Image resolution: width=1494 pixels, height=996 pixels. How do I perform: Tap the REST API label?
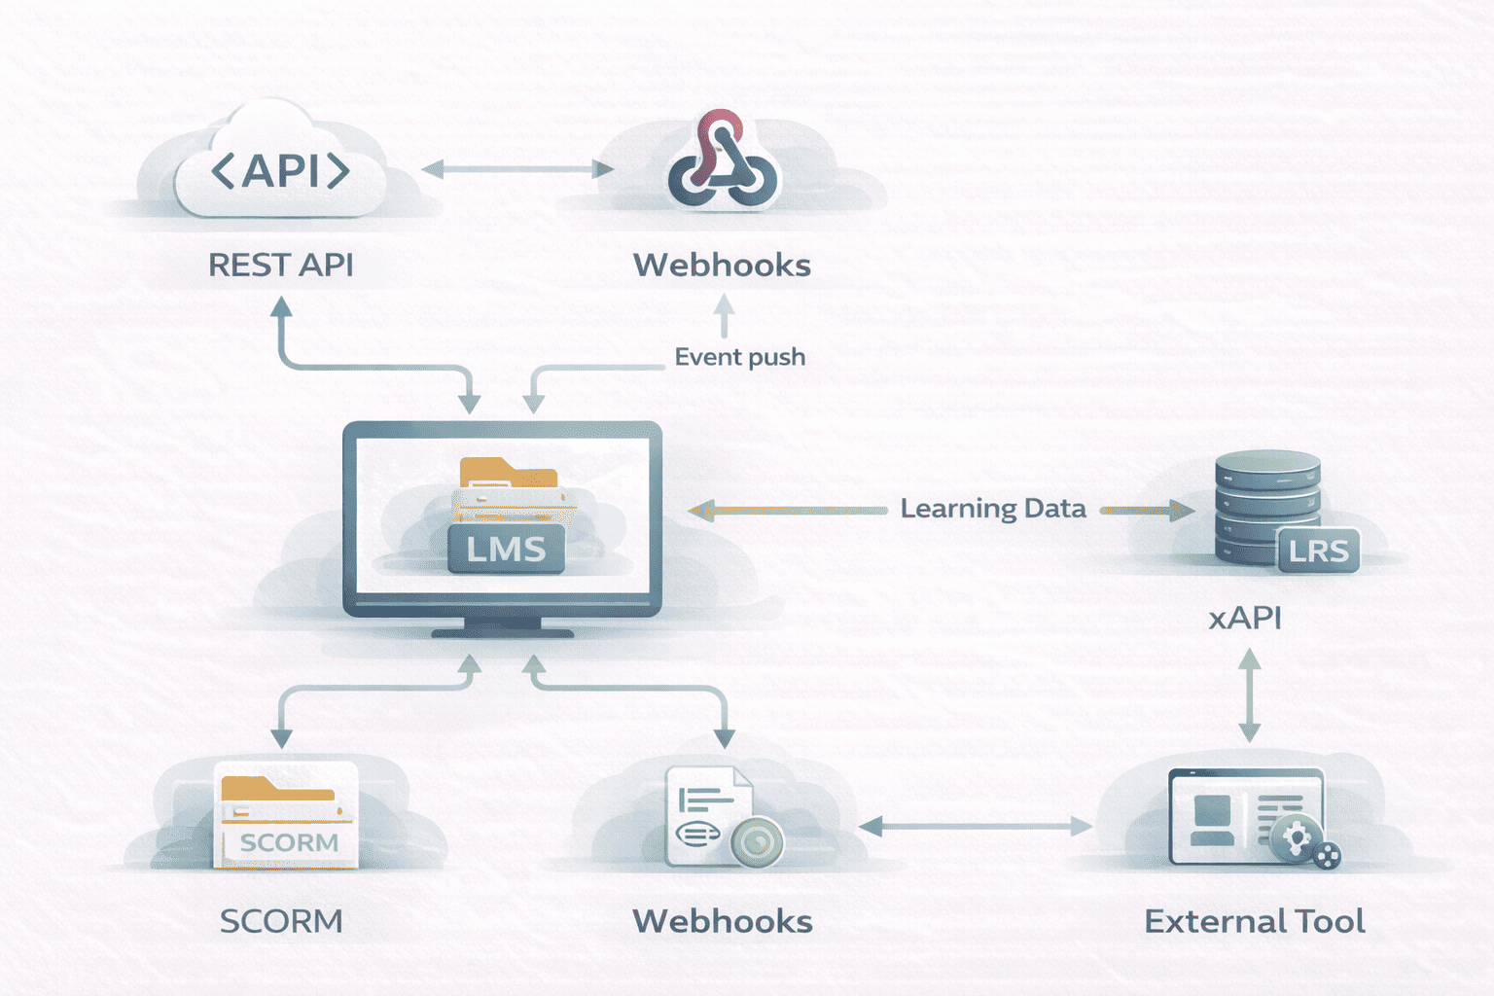point(280,265)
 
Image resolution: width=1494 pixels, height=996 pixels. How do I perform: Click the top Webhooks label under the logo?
point(722,265)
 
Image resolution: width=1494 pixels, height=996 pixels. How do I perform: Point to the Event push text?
point(739,357)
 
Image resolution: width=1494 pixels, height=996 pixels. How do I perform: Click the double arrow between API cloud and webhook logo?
point(517,169)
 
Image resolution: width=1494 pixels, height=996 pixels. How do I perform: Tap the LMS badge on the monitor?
point(506,550)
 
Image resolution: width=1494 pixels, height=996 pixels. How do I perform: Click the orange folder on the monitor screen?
point(509,475)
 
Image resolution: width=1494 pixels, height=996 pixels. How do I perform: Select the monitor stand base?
point(502,631)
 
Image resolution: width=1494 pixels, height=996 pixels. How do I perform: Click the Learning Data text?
point(992,509)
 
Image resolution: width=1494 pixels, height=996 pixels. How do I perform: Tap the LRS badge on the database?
point(1318,551)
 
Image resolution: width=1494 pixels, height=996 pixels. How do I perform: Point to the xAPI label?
point(1245,618)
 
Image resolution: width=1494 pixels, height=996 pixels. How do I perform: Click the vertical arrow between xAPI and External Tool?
point(1250,695)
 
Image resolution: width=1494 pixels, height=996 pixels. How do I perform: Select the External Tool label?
point(1255,921)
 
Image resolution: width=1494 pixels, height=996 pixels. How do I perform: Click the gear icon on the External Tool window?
point(1297,837)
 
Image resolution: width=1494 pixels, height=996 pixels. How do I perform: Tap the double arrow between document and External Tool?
point(976,827)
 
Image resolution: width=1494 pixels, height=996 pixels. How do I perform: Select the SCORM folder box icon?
point(286,815)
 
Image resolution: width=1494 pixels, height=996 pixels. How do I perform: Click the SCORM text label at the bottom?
point(281,921)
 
